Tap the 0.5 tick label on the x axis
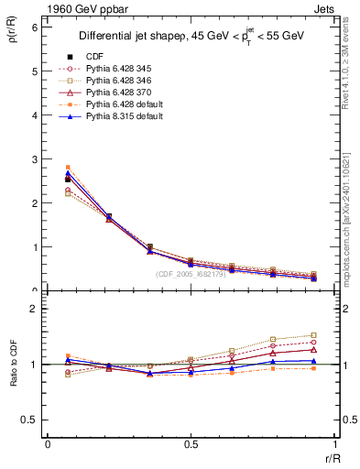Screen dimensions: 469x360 click(190, 443)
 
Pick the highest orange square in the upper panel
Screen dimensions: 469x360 click(68, 168)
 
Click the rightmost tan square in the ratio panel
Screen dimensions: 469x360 click(313, 335)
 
